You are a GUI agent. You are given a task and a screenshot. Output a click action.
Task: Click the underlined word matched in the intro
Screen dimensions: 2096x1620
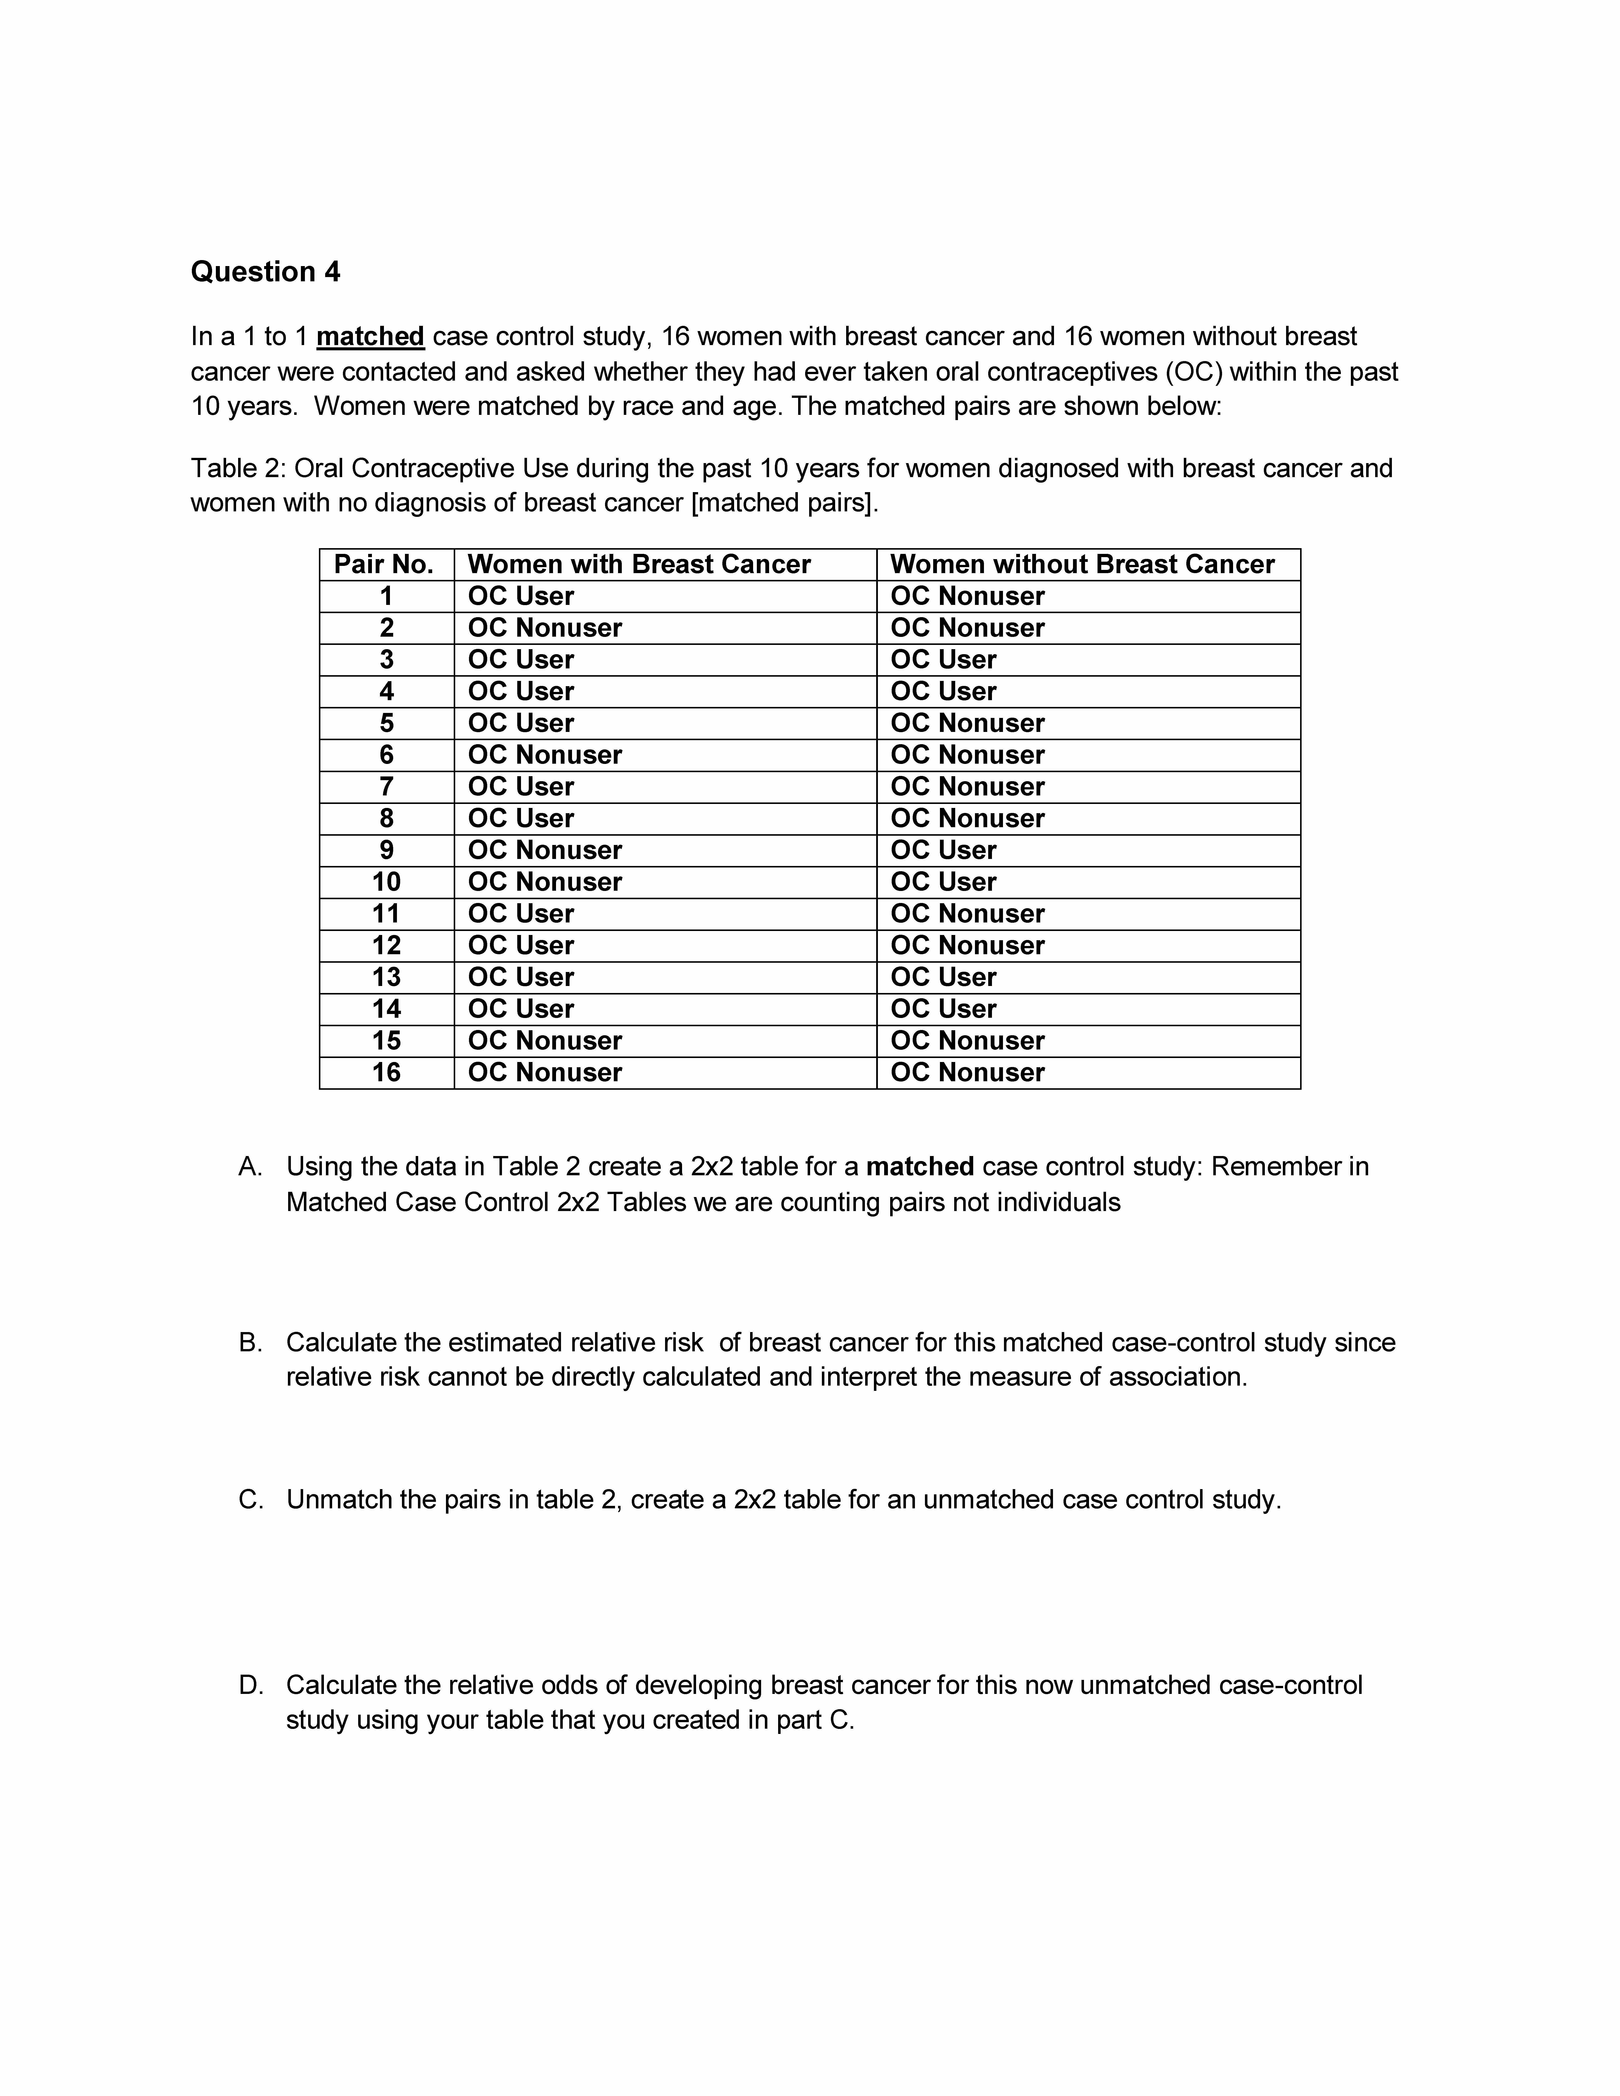(x=370, y=337)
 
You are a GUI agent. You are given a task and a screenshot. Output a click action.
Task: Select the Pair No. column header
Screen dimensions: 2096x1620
(x=384, y=564)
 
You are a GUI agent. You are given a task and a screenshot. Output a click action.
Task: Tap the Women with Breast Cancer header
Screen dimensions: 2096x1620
(x=639, y=564)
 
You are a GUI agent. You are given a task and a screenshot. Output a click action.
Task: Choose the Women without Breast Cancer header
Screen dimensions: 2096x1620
(x=1083, y=564)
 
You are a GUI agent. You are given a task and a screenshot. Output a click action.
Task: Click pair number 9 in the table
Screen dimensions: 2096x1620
(x=386, y=850)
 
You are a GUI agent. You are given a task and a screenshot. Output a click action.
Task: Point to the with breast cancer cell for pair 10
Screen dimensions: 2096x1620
(x=545, y=882)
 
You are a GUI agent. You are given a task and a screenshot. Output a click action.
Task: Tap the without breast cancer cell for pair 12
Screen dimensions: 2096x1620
(x=967, y=945)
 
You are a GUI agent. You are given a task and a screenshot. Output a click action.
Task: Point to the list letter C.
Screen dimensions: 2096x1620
(x=250, y=1500)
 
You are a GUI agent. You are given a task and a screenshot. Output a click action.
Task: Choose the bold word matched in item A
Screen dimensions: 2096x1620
(x=919, y=1167)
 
